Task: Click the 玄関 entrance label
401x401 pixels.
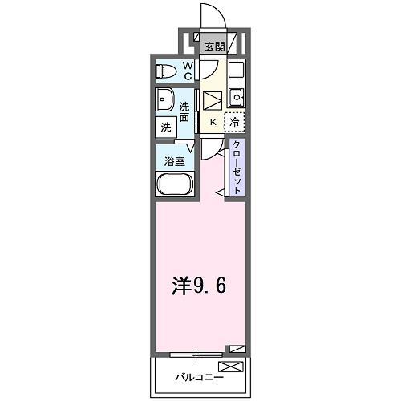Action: click(x=213, y=47)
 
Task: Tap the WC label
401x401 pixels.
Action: click(x=187, y=71)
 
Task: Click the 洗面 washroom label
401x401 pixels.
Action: click(x=185, y=111)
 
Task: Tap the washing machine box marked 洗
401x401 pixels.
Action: click(x=165, y=126)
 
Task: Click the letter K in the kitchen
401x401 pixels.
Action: click(x=213, y=122)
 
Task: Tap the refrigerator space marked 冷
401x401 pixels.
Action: click(x=234, y=123)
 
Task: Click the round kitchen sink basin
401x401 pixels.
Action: click(x=235, y=99)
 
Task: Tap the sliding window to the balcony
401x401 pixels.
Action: click(x=197, y=354)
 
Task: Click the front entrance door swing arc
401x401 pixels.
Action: click(x=210, y=16)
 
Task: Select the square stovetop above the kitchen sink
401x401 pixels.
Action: click(x=235, y=71)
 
